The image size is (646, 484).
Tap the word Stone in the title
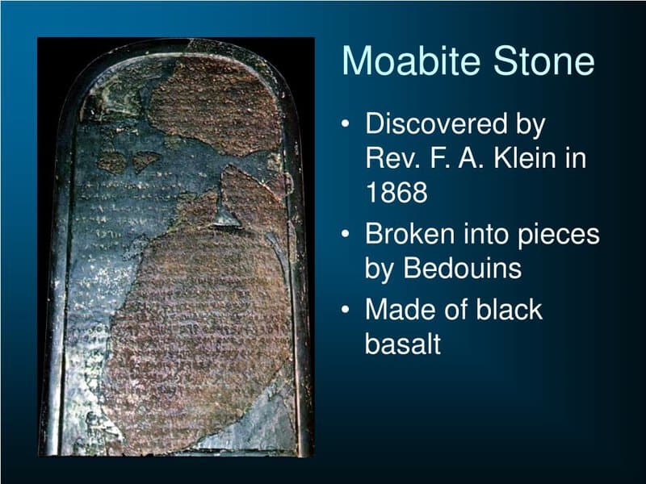(x=543, y=61)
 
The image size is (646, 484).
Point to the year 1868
(x=396, y=192)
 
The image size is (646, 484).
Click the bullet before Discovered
(x=346, y=126)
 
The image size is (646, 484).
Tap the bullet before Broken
(x=346, y=236)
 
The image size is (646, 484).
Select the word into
(x=487, y=235)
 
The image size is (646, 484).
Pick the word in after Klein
(x=575, y=158)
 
